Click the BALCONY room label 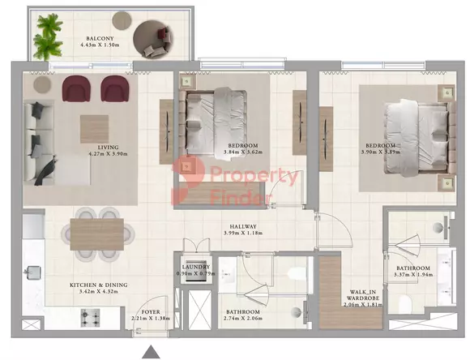coord(100,39)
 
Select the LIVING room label coord(109,148)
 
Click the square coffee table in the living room coord(94,129)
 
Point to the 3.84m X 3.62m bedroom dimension coord(243,152)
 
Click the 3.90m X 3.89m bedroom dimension coord(380,152)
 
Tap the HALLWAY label coord(243,226)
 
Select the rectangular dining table coord(97,234)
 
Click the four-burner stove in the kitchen coord(90,318)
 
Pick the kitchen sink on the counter coord(33,272)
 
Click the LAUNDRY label coord(196,267)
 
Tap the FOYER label coord(151,312)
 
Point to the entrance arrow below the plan coord(151,352)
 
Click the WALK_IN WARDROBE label coord(363,295)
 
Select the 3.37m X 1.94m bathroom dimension coord(413,275)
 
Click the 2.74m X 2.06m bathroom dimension coord(243,319)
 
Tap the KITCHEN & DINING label coord(99,285)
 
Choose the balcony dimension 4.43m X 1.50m coord(100,45)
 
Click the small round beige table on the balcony coord(122,20)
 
